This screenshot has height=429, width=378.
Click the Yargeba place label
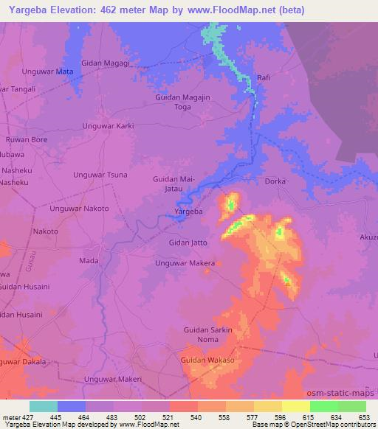(188, 212)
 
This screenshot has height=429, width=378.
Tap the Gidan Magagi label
(106, 63)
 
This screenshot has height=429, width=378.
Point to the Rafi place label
(264, 77)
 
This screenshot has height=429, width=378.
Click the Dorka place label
(274, 181)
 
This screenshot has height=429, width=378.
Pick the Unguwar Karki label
(109, 126)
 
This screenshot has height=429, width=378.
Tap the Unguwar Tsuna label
(100, 175)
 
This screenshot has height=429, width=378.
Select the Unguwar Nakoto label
(79, 209)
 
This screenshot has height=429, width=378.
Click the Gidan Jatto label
(189, 243)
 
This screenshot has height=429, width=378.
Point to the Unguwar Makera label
(185, 263)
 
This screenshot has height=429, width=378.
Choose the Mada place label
(88, 261)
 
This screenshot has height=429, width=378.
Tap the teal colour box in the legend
(44, 406)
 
